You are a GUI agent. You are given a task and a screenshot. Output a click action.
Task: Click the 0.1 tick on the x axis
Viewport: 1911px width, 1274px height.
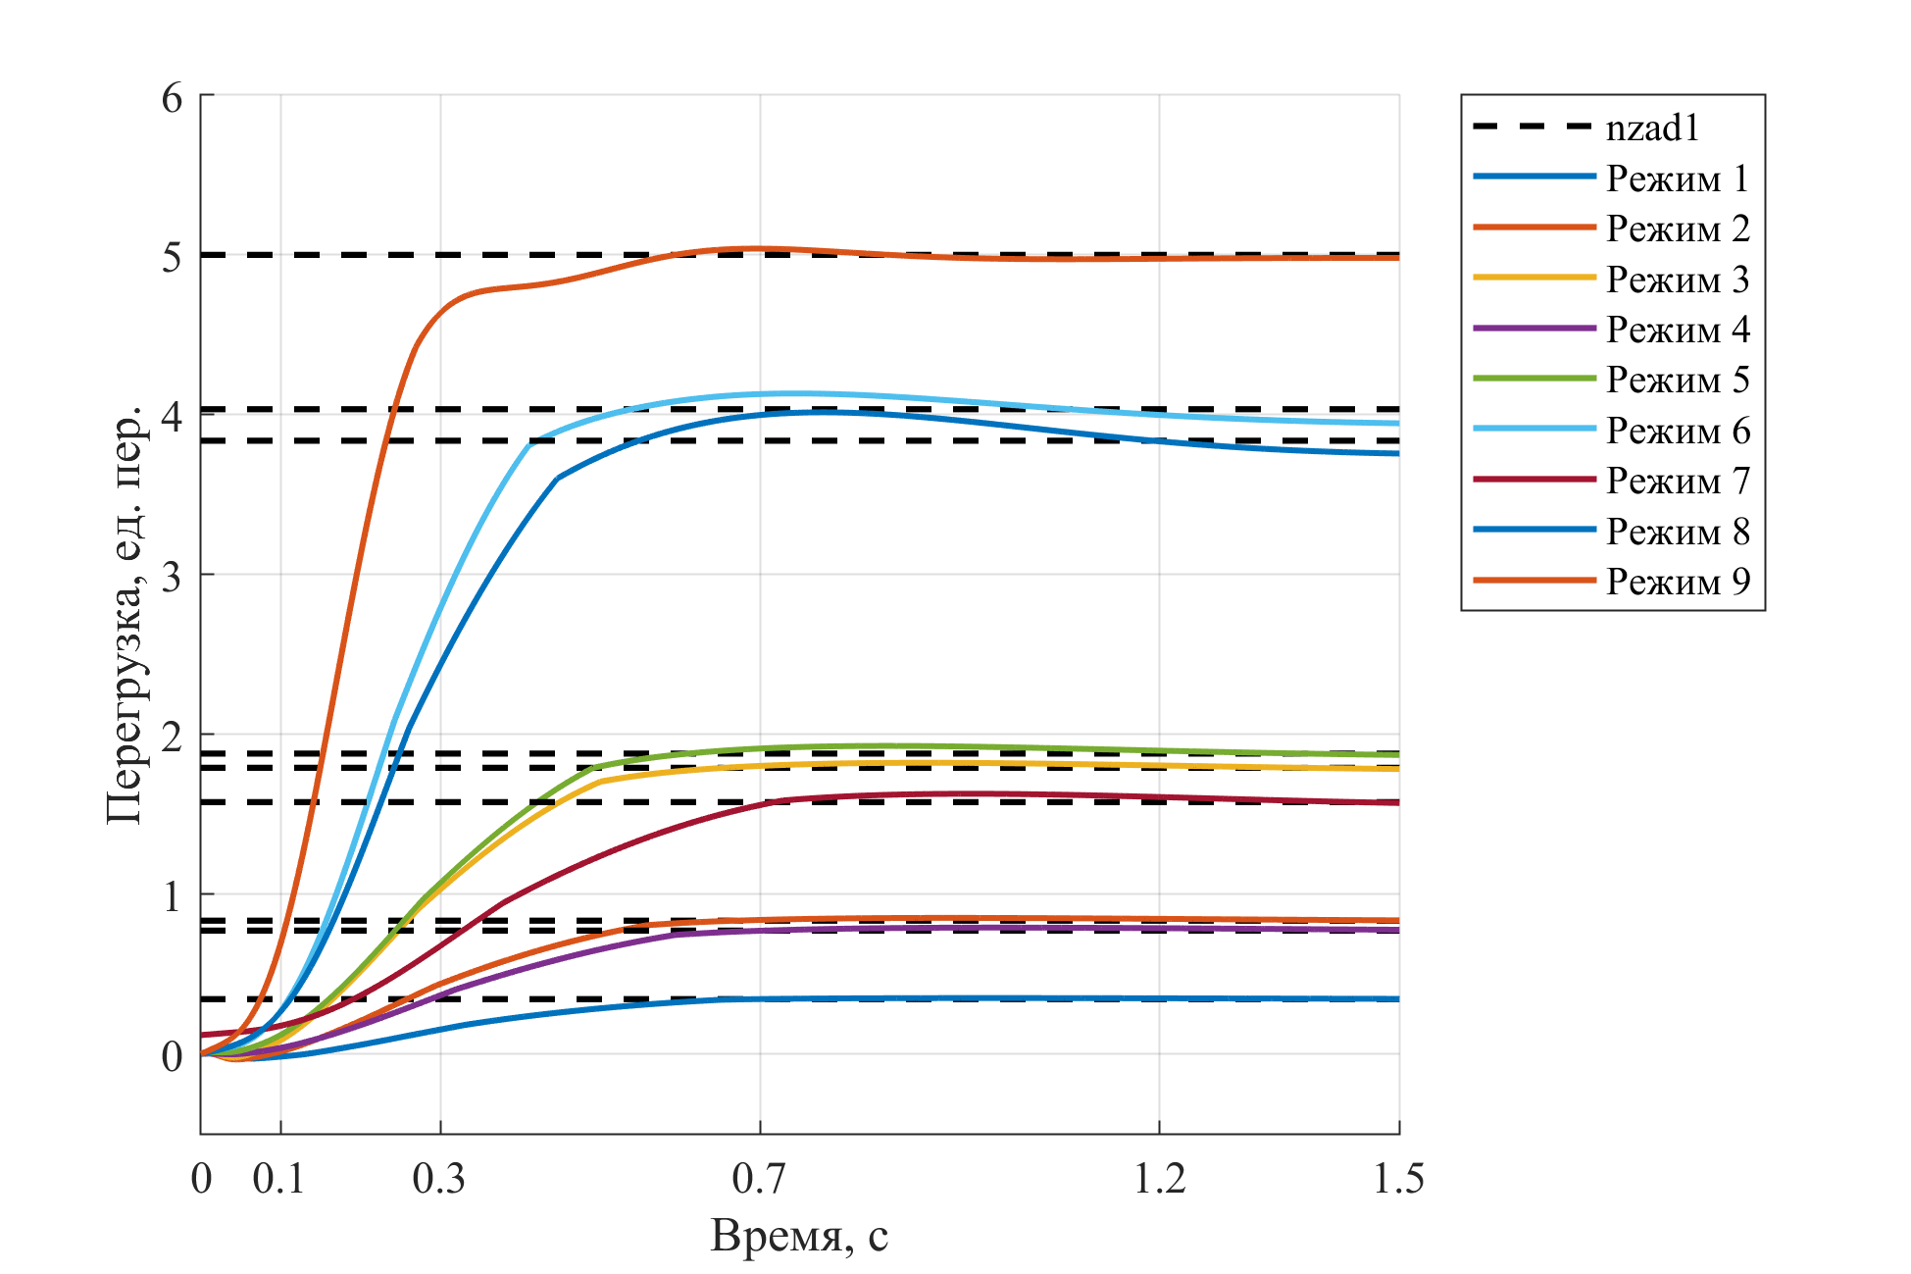[x=279, y=1178]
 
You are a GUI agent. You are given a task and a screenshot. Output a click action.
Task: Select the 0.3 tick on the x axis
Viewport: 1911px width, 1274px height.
[x=439, y=1178]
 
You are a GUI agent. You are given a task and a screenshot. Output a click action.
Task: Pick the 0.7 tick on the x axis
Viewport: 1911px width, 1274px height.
[x=759, y=1178]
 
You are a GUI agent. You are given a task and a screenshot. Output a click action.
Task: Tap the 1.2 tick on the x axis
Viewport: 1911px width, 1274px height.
[x=1159, y=1178]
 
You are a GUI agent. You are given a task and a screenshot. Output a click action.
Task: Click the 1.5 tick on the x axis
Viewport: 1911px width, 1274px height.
[x=1398, y=1178]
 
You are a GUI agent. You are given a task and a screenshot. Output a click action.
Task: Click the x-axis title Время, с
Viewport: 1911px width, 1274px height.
[x=799, y=1236]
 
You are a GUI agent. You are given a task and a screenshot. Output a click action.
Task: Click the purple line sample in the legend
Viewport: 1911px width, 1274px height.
[x=1534, y=330]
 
